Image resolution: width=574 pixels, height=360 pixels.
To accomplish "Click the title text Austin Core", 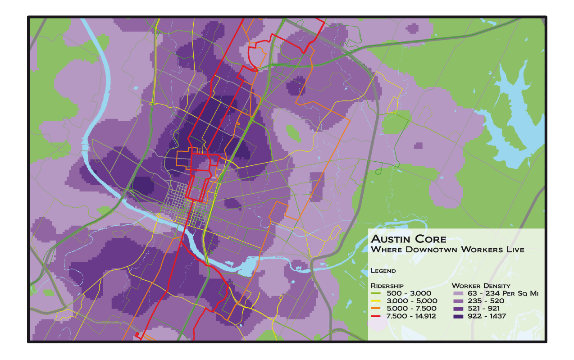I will (408, 239).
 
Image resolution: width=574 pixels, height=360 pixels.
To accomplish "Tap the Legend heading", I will (383, 271).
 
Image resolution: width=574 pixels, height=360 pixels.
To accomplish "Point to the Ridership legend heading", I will (387, 286).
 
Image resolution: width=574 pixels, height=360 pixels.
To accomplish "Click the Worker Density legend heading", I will (481, 286).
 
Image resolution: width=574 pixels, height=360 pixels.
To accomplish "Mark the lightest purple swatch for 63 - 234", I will (457, 294).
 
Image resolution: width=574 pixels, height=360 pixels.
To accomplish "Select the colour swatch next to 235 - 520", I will (457, 301).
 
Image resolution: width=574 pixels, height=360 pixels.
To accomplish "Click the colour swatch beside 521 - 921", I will (457, 309).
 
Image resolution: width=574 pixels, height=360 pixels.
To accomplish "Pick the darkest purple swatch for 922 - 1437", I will (457, 317).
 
